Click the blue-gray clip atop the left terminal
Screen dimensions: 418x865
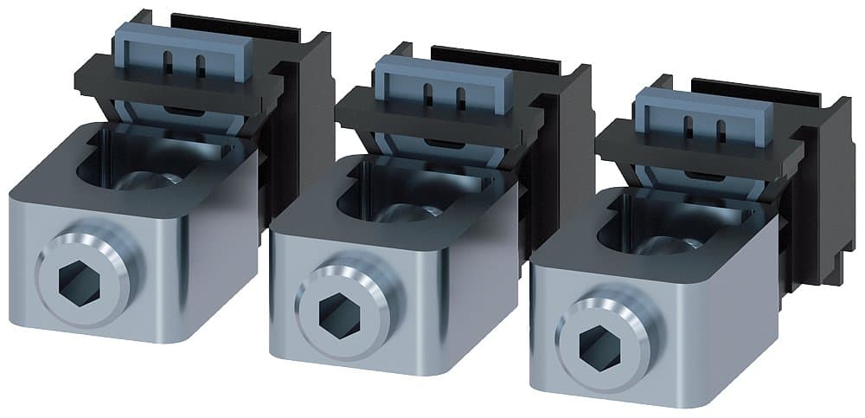click(183, 53)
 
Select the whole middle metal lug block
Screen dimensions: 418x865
click(389, 277)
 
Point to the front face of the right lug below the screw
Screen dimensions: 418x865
click(623, 385)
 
